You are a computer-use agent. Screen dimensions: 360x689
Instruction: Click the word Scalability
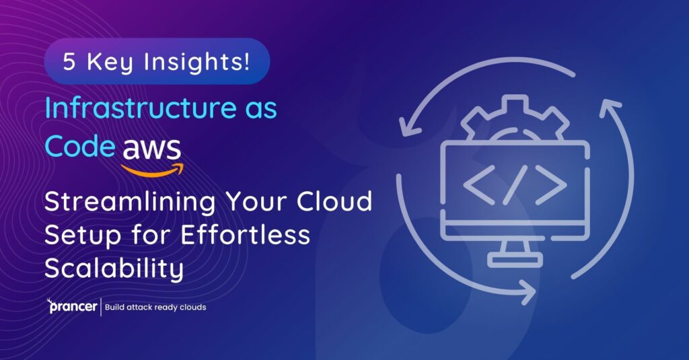click(114, 268)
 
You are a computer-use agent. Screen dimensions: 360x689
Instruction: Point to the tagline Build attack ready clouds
click(155, 308)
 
